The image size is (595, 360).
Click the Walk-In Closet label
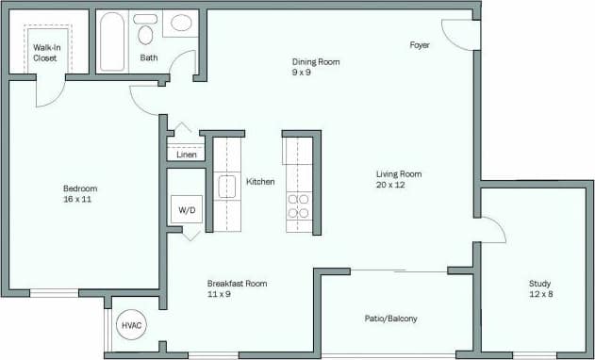tap(45, 52)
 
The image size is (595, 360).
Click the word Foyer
tap(421, 45)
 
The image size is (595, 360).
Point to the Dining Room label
tap(315, 62)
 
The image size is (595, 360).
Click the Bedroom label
tap(80, 188)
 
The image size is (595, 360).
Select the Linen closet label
tap(187, 155)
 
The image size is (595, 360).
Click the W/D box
tap(187, 211)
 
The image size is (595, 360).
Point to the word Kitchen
tap(260, 181)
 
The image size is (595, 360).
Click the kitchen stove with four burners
tap(298, 205)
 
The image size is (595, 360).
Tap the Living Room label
tap(398, 173)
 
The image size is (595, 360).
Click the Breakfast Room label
tap(237, 283)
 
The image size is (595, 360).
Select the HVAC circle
tap(131, 326)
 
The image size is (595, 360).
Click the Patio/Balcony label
tap(390, 319)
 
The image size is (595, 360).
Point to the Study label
tap(540, 283)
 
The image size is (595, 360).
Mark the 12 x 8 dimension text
tap(540, 294)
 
